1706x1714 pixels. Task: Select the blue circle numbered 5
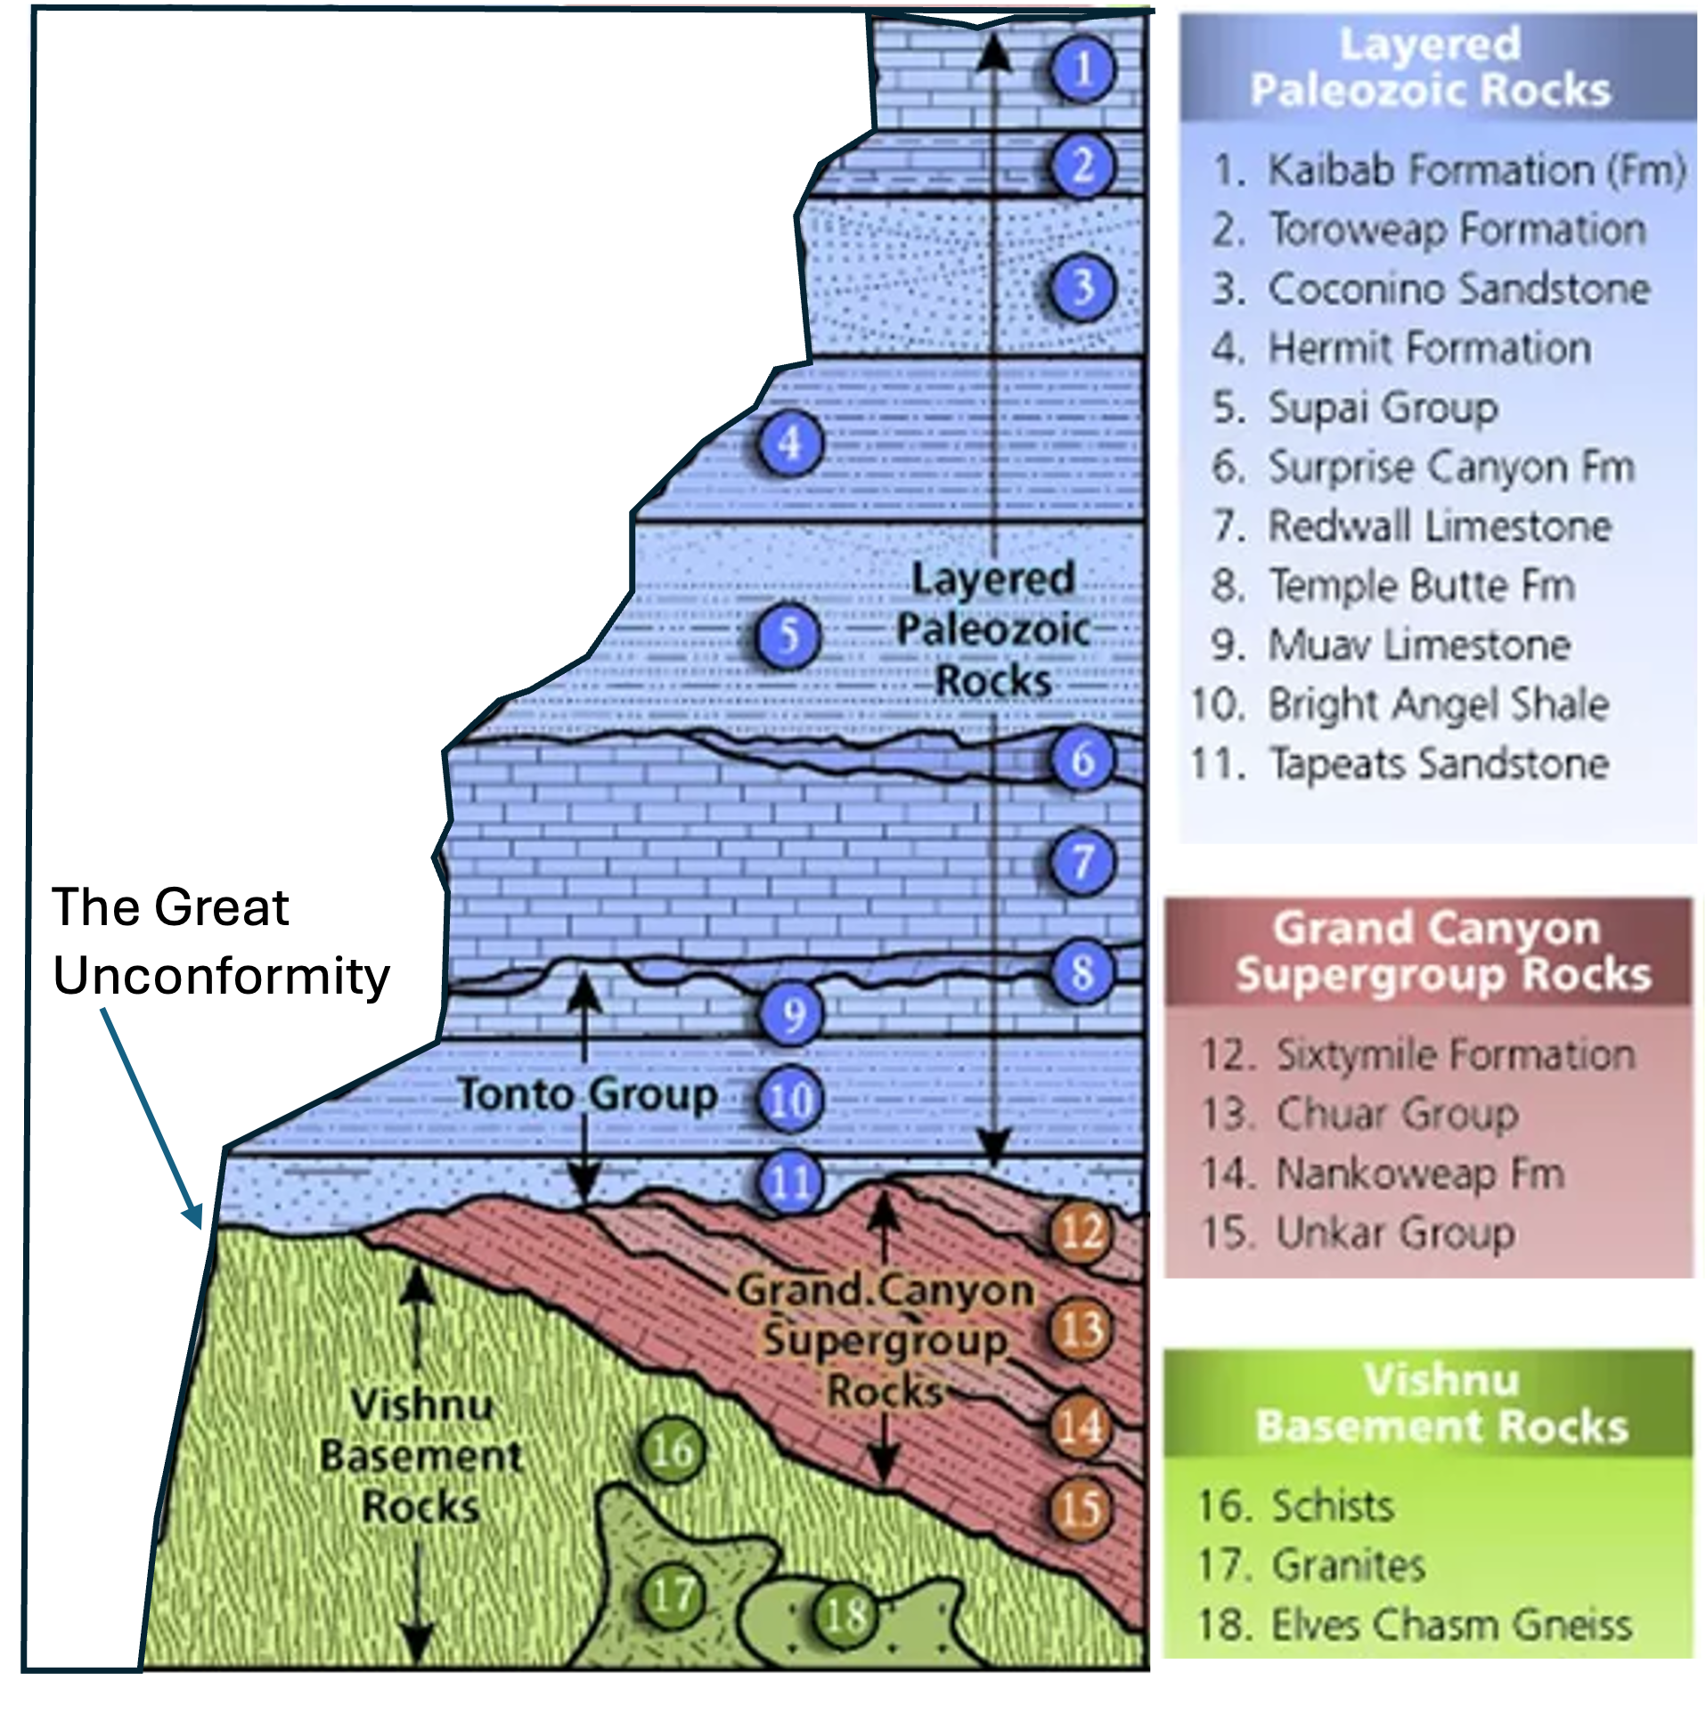click(789, 636)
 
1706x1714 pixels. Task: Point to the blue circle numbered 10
click(791, 1099)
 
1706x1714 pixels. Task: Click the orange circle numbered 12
click(1082, 1232)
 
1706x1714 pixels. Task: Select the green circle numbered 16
click(672, 1450)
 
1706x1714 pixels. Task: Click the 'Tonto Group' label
click(587, 1094)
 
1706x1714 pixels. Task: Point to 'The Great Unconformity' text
click(221, 941)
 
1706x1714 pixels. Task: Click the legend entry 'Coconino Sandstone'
click(1458, 288)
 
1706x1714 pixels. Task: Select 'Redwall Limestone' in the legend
click(1440, 525)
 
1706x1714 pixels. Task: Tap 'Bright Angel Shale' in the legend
click(1438, 703)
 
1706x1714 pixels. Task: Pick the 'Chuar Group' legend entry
click(1397, 1113)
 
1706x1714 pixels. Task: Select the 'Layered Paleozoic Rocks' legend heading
click(1431, 67)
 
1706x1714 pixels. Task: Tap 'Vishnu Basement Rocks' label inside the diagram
click(420, 1457)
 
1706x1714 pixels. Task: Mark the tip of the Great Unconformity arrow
click(200, 1227)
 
